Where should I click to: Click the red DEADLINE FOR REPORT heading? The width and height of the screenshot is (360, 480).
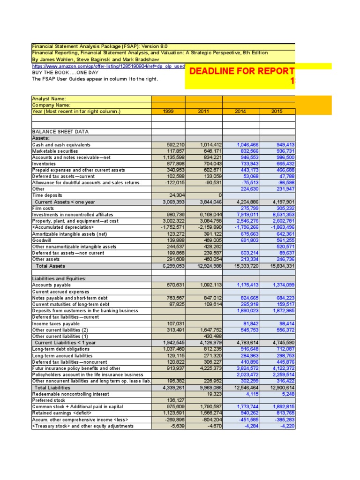pos(241,71)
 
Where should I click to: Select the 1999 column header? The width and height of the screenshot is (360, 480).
pos(168,112)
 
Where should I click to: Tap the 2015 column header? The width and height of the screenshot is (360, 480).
pos(277,112)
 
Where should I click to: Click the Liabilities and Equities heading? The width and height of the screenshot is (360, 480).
pos(59,278)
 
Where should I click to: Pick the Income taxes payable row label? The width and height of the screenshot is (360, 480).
pos(56,323)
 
